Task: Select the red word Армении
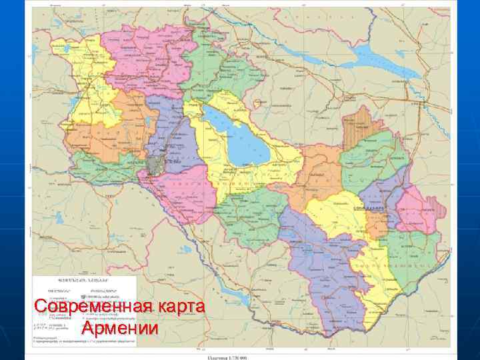pos(121,329)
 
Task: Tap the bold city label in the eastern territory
pos(387,208)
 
